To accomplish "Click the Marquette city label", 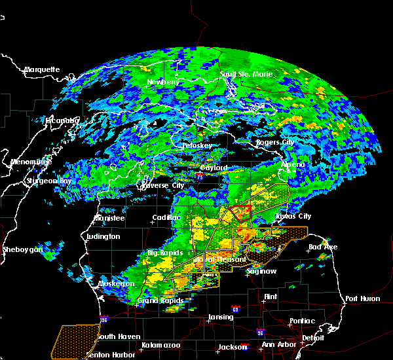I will click(x=42, y=69).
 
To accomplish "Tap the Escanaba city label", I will click(x=63, y=120).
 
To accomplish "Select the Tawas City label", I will click(x=293, y=216).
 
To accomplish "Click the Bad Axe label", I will click(x=322, y=247).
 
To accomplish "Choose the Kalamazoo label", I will click(x=160, y=344).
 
